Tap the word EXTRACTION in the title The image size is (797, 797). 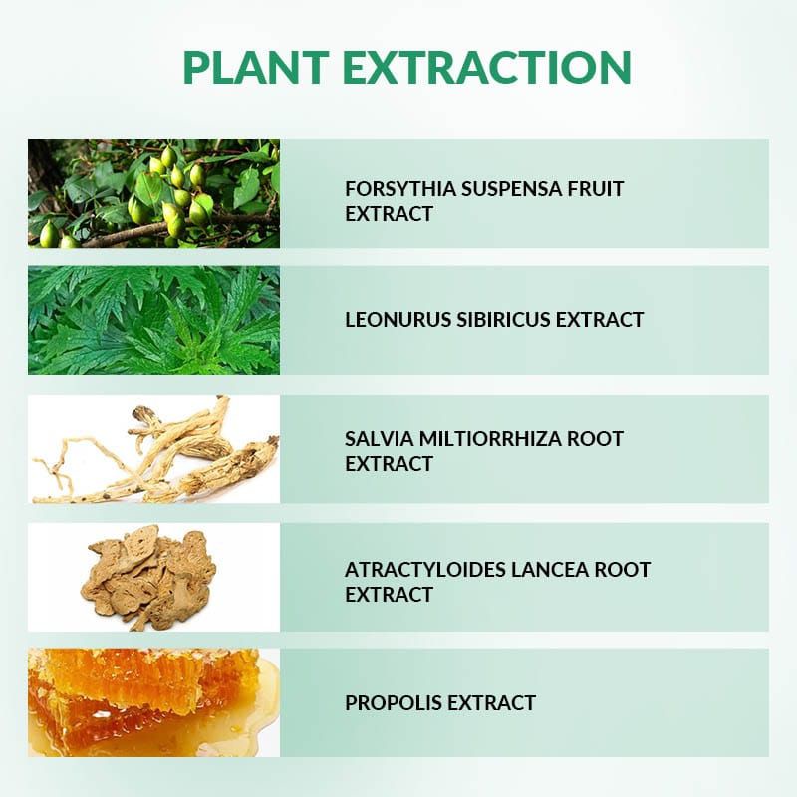(487, 67)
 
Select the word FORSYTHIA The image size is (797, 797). (400, 189)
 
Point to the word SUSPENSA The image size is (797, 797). (511, 189)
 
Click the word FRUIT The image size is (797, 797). (595, 189)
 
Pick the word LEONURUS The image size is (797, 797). (397, 320)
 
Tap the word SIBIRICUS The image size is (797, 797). (503, 320)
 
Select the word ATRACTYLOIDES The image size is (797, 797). (424, 570)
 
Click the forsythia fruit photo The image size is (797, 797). (153, 193)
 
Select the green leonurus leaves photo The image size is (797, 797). (153, 320)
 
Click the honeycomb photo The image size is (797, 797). (153, 702)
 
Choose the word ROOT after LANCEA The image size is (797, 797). (623, 570)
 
